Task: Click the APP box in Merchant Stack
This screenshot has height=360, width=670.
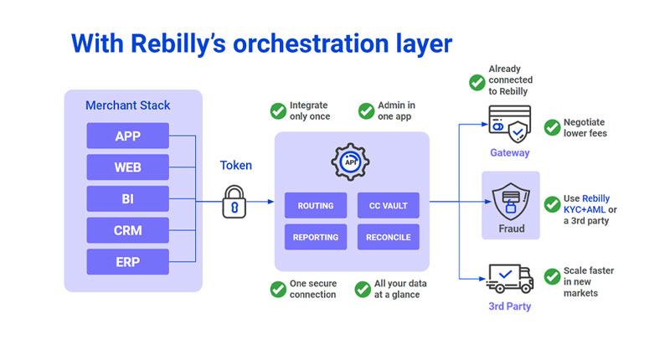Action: (x=127, y=136)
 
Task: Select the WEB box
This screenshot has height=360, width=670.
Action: (x=127, y=167)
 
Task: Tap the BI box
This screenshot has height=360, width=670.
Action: (x=127, y=198)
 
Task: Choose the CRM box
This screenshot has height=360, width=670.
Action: (x=127, y=230)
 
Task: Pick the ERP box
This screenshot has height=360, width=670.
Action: (x=127, y=261)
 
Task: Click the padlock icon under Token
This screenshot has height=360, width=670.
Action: (x=234, y=202)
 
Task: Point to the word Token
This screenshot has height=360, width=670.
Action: (x=235, y=166)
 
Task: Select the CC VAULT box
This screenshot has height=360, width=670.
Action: (x=388, y=205)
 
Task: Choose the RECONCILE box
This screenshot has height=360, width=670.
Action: (x=388, y=237)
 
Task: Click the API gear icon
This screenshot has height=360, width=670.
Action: (x=351, y=163)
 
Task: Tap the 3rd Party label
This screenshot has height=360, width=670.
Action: (x=509, y=306)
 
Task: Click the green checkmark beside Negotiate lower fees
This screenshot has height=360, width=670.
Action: (x=552, y=127)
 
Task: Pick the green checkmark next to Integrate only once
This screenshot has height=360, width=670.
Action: (x=278, y=111)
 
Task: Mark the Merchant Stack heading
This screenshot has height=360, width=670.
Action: (x=127, y=105)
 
